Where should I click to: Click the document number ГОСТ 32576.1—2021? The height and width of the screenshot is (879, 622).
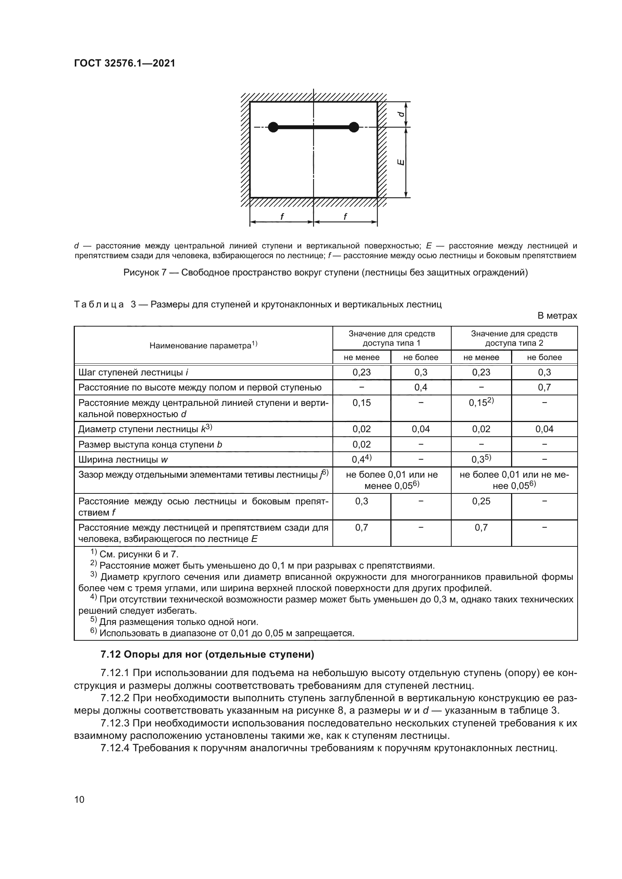tap(124, 63)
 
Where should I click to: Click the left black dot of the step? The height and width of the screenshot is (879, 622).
tap(273, 127)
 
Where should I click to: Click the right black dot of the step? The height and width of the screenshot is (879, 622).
tap(354, 127)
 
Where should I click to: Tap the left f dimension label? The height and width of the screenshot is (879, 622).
tap(282, 217)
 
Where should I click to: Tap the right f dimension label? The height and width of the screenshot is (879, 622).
tap(345, 217)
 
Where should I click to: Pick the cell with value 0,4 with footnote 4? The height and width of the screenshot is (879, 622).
tap(361, 459)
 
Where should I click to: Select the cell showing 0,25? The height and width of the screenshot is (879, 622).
tap(481, 501)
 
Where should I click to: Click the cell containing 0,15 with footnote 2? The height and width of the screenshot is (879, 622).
tap(481, 403)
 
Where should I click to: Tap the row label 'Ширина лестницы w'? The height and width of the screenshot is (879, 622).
tap(123, 459)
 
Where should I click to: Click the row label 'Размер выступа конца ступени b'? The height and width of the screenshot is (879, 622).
tap(150, 445)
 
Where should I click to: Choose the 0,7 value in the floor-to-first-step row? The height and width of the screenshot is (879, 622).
tap(544, 387)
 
